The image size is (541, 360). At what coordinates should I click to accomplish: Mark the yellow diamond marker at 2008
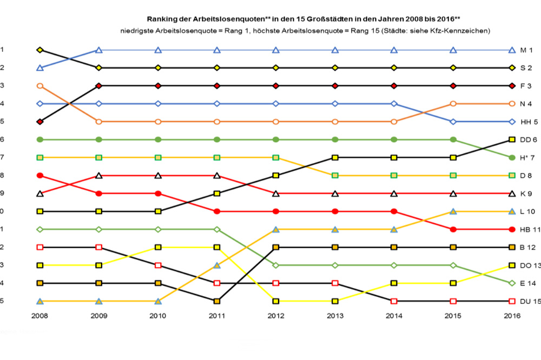(x=39, y=50)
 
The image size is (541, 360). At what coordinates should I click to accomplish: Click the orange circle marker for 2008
(x=39, y=85)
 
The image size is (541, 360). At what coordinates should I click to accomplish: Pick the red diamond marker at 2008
(x=39, y=122)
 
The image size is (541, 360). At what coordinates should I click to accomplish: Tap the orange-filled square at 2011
(x=217, y=301)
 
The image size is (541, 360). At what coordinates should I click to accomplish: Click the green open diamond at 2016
(x=512, y=283)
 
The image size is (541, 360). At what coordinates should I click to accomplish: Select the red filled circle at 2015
(x=453, y=229)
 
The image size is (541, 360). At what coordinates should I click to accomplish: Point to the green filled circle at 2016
(x=512, y=157)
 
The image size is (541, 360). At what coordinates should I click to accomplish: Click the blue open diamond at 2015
(x=453, y=122)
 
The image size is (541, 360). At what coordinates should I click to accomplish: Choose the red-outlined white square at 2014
(x=394, y=301)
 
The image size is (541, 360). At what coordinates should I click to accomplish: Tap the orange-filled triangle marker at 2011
(x=217, y=265)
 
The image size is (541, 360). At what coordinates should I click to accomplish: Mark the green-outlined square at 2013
(x=335, y=175)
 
